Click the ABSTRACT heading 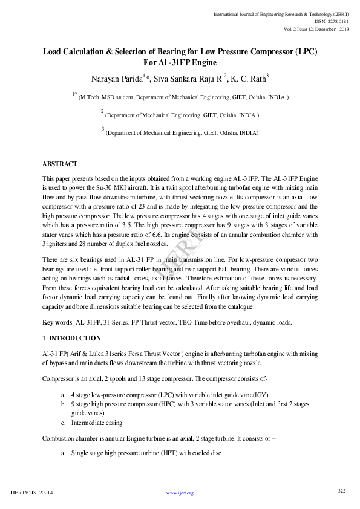pyautogui.click(x=60, y=164)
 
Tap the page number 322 pyautogui.click(x=341, y=490)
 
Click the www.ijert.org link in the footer pyautogui.click(x=180, y=493)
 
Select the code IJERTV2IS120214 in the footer pyautogui.click(x=33, y=493)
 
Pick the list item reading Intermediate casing pyautogui.click(x=97, y=423)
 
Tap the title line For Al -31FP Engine pyautogui.click(x=180, y=62)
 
